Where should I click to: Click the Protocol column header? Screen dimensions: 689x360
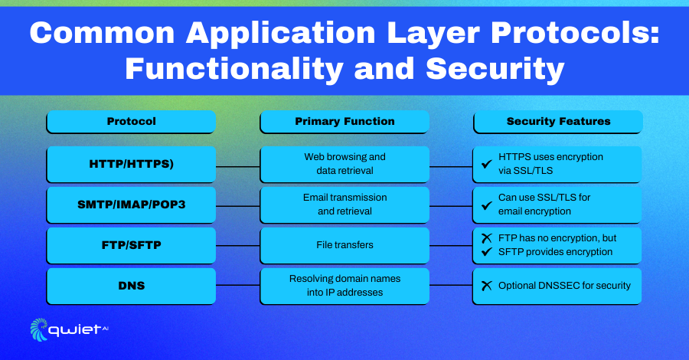(132, 122)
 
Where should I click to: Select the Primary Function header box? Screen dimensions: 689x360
(344, 122)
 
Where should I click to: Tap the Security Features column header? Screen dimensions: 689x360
(558, 122)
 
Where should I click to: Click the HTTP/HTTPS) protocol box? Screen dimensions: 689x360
(132, 165)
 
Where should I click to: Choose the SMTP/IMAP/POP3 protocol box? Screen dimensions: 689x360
(132, 205)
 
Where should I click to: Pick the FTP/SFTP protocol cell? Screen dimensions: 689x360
(132, 245)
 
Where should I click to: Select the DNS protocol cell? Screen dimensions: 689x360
(132, 286)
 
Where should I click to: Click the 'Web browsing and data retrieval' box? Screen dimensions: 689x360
(344, 165)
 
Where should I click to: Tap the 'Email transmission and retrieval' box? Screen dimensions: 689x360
(344, 205)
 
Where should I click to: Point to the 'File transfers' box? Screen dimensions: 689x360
(344, 245)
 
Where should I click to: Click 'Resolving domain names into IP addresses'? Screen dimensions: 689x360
(344, 286)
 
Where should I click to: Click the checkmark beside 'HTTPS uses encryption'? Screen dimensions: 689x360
(486, 164)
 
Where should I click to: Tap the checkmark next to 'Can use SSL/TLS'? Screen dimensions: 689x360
(486, 205)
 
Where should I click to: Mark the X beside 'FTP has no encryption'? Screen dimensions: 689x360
(486, 238)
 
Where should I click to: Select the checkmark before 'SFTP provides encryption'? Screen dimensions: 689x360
(486, 252)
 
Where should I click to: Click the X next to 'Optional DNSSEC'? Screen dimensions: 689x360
(486, 286)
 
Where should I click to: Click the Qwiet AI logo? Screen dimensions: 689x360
(69, 329)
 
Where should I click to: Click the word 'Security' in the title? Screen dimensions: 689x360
(495, 70)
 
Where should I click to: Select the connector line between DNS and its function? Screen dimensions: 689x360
(238, 285)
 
